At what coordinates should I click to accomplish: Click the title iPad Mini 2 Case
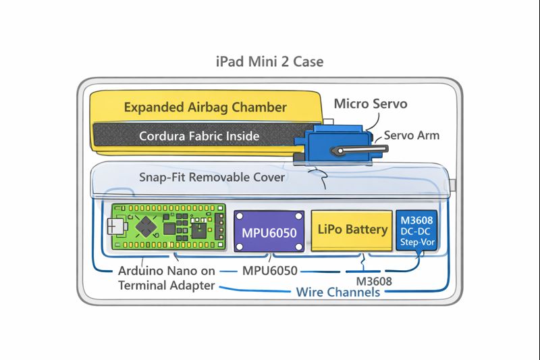269,61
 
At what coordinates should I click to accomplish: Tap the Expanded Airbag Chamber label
205,107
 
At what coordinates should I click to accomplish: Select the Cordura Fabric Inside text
199,136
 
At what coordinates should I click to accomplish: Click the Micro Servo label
371,104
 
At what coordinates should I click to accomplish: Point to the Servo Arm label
412,135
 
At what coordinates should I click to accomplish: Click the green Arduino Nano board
165,228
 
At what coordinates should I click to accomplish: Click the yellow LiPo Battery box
352,230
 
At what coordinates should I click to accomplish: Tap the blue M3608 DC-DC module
416,231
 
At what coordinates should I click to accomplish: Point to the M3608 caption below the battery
375,280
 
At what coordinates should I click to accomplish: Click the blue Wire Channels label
338,292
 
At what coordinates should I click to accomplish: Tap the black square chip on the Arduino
199,232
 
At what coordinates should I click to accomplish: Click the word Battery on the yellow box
367,230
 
